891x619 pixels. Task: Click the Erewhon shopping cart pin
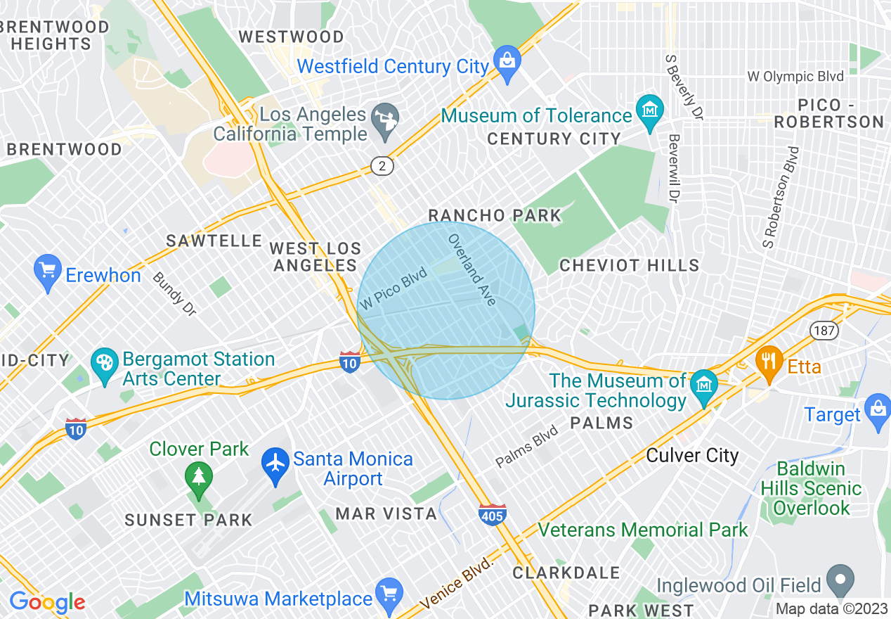point(48,272)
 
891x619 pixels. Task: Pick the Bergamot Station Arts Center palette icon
point(105,366)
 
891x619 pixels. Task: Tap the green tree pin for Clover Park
point(199,478)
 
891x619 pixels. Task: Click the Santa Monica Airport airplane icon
point(275,465)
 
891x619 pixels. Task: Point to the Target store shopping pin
point(878,412)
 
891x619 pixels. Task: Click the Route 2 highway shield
point(382,166)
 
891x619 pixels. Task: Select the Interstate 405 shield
point(493,514)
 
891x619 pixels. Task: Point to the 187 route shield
point(823,330)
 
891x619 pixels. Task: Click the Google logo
point(47,602)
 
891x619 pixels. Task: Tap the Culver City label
point(692,455)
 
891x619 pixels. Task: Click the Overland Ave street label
point(472,269)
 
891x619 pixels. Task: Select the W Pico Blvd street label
point(394,288)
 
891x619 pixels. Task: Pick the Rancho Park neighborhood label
point(495,215)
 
